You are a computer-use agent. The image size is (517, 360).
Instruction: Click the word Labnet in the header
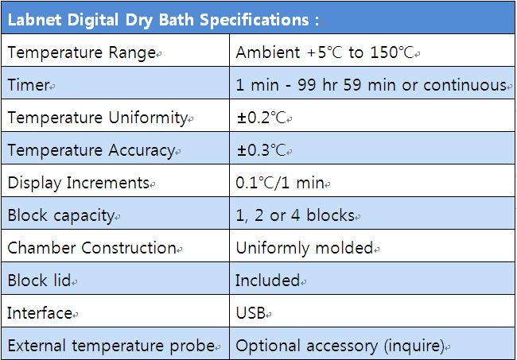click(x=34, y=19)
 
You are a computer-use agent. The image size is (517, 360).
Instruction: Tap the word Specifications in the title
click(x=255, y=20)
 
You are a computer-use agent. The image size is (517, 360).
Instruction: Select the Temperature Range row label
click(x=82, y=53)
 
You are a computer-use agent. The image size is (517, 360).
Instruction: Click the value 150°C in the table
click(x=392, y=52)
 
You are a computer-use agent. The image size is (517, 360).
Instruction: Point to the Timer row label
click(x=29, y=85)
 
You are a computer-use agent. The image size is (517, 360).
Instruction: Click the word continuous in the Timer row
click(x=465, y=85)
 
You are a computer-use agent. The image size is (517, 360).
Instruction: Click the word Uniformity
click(x=148, y=118)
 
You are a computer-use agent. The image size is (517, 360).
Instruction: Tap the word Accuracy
click(x=142, y=151)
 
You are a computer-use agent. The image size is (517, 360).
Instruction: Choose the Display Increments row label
click(x=79, y=183)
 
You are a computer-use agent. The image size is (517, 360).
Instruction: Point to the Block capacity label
click(x=61, y=216)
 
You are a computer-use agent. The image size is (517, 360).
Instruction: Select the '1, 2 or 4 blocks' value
click(x=295, y=215)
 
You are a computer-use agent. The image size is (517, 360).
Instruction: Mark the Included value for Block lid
click(x=268, y=281)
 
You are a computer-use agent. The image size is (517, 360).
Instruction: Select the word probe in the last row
click(x=192, y=346)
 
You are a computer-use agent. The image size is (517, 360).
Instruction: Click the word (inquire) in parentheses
click(x=414, y=346)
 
